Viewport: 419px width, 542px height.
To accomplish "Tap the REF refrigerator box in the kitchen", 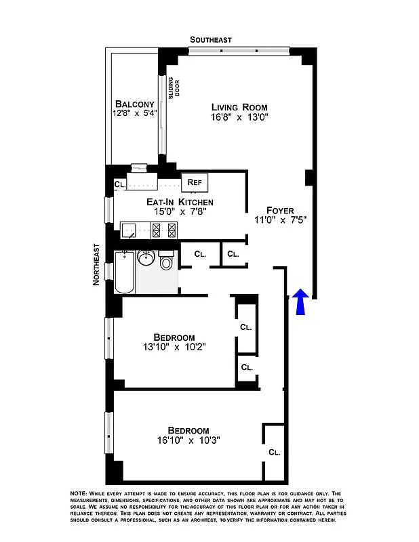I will pos(195,182).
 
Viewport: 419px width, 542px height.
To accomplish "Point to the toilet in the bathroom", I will pos(167,262).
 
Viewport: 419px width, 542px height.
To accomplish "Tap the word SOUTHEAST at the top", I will pos(210,40).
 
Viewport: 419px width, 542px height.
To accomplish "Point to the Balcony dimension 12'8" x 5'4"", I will pos(135,114).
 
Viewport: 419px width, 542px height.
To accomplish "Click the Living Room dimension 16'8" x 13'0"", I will pos(239,117).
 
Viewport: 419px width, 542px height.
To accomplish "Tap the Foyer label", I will pos(279,211).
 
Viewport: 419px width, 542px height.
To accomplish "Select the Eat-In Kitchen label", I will pos(180,202).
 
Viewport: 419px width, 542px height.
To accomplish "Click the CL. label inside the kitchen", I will pos(119,184).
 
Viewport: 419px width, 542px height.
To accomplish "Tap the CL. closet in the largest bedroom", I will pos(274,452).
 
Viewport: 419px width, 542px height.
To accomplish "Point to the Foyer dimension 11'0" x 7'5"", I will pos(279,221).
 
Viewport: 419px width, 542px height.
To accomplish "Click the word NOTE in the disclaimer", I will pos(79,493).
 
